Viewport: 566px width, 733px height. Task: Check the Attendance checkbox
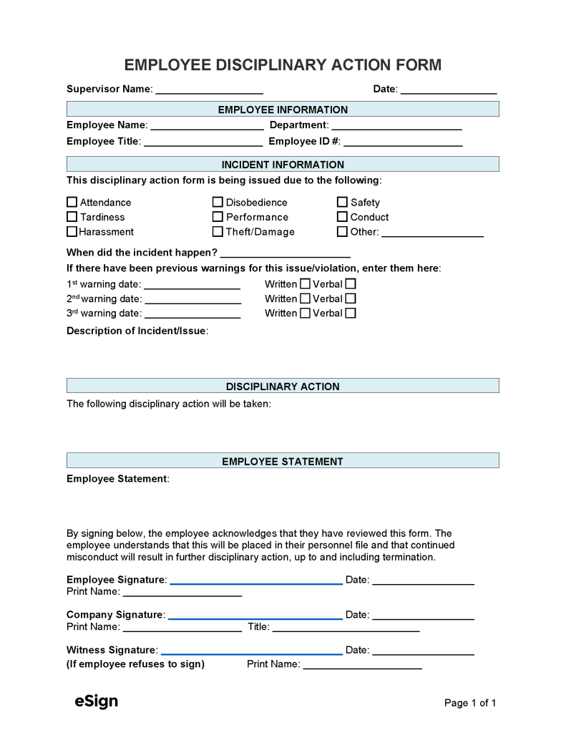click(x=72, y=203)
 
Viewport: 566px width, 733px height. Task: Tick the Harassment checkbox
click(x=72, y=232)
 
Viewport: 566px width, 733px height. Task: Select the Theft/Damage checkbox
click(x=218, y=232)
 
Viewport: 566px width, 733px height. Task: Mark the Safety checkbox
click(x=342, y=203)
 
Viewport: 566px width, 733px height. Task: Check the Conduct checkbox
click(x=342, y=217)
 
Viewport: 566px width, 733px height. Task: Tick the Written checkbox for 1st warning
click(x=306, y=284)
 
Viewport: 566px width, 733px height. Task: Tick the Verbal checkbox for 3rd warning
click(x=351, y=313)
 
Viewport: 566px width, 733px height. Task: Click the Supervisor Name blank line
click(x=209, y=89)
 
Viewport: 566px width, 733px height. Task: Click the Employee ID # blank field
click(x=403, y=142)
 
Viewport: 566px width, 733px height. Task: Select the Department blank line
click(x=396, y=125)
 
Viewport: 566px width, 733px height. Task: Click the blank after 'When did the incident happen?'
click(x=286, y=253)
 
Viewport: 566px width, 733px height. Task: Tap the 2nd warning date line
click(x=192, y=299)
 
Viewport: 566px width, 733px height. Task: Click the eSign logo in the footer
click(x=96, y=702)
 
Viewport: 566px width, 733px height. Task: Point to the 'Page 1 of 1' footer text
click(x=469, y=703)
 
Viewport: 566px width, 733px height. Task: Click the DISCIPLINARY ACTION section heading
click(x=283, y=387)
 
